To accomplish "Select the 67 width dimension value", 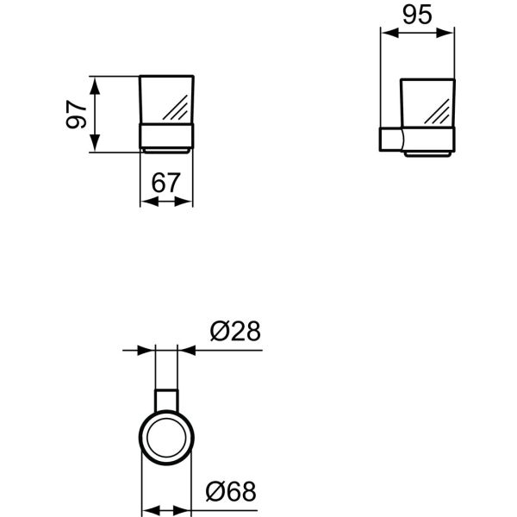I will click(x=166, y=183).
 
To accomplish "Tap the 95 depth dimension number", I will click(x=418, y=16).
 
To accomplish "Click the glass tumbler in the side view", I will click(x=427, y=105).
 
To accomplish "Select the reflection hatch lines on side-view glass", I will click(x=440, y=113).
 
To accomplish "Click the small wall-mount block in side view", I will click(x=390, y=140).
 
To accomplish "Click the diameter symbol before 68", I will click(x=217, y=492).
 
